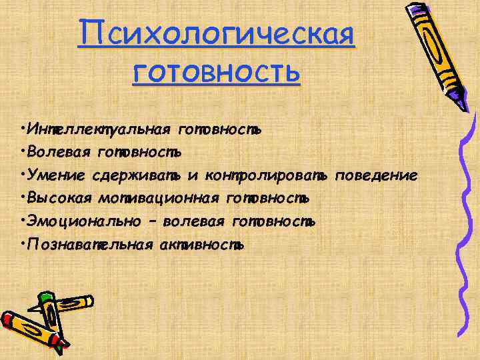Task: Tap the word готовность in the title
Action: click(x=217, y=72)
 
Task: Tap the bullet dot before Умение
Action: click(x=23, y=175)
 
